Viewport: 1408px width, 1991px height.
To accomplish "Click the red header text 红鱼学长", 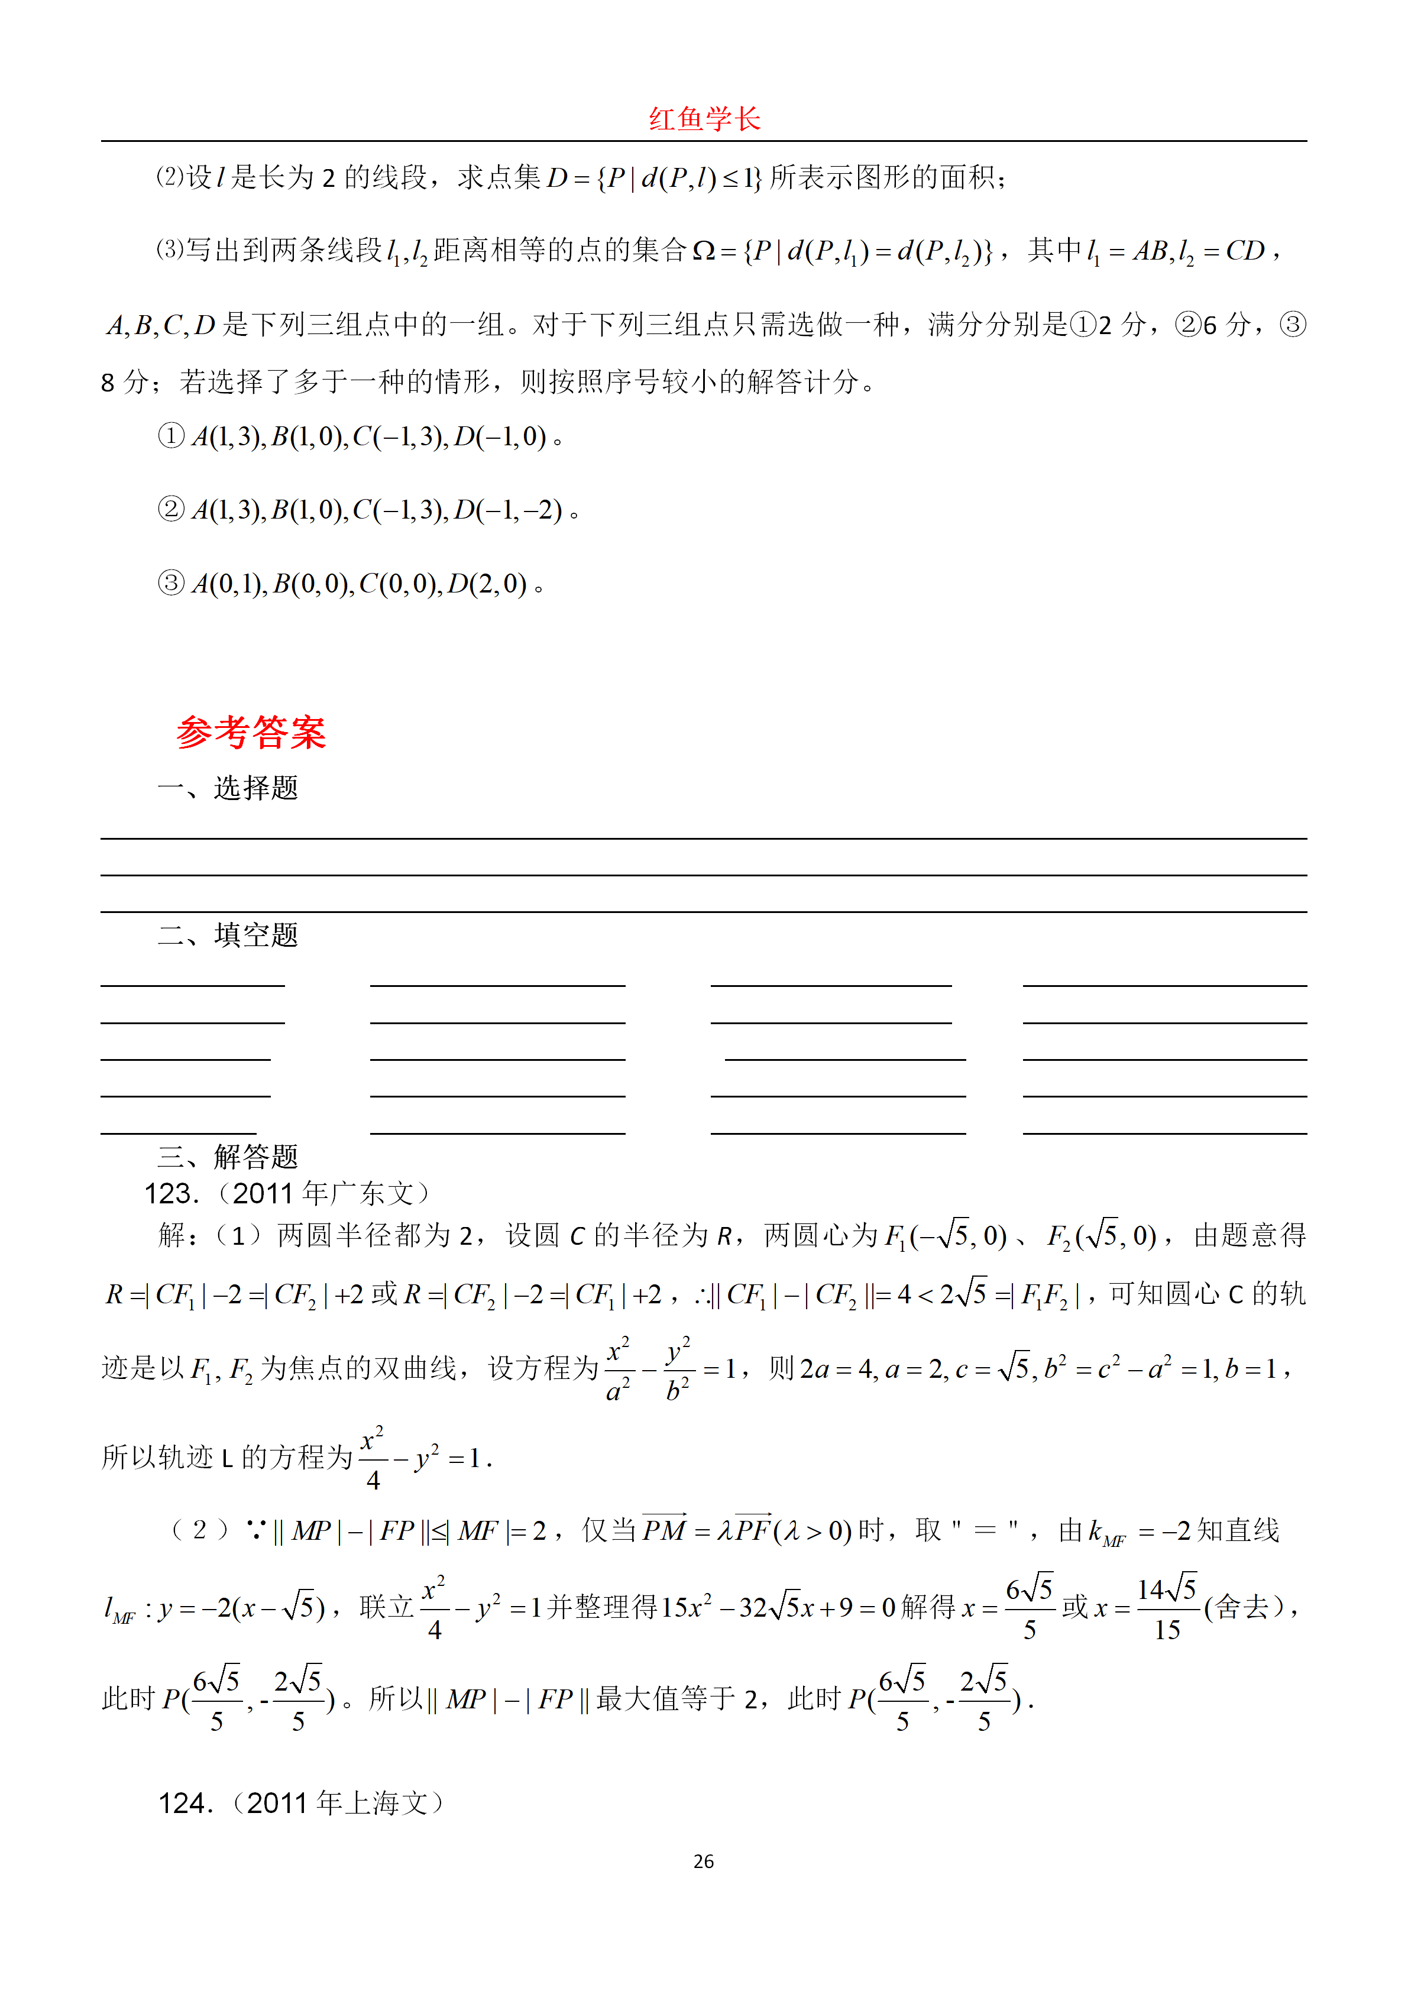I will pos(703,119).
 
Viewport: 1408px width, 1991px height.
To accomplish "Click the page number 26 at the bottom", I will pos(703,1861).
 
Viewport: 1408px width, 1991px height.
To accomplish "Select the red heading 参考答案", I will pos(251,733).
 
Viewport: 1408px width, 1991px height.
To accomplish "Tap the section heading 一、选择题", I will pos(228,788).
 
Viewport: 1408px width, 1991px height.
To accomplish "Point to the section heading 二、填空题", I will pos(228,935).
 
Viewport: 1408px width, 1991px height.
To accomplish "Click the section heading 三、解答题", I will pos(228,1156).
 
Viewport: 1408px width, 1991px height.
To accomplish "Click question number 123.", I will pos(171,1194).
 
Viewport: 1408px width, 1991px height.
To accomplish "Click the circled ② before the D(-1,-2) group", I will pos(171,509).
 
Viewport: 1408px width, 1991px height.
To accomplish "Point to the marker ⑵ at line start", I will pos(169,177).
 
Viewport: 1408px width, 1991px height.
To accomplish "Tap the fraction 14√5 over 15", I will pos(1166,1608).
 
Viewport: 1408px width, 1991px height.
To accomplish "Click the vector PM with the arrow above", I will pos(664,1530).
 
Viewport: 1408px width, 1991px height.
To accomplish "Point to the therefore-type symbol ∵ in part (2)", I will pos(256,1530).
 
